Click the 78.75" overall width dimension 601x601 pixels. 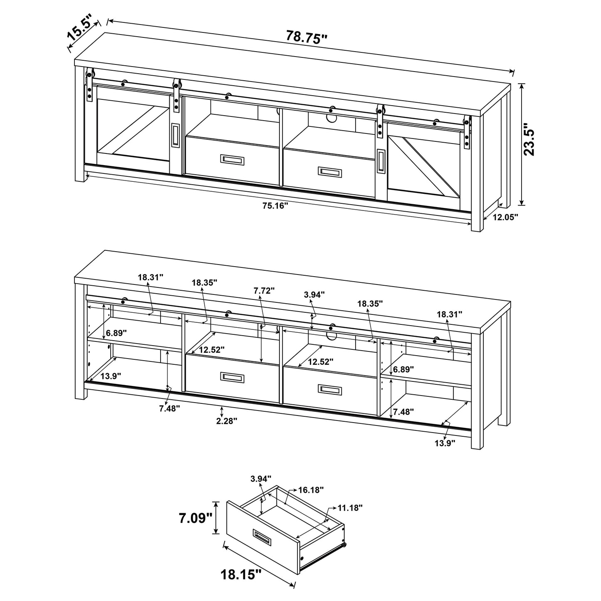click(307, 38)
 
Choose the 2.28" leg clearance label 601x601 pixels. click(227, 420)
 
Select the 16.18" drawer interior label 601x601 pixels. click(311, 490)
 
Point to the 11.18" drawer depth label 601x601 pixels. click(350, 507)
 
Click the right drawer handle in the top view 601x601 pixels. click(330, 171)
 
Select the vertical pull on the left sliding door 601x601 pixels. click(176, 135)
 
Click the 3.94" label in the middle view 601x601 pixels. click(314, 295)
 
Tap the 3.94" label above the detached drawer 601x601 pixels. click(261, 479)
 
